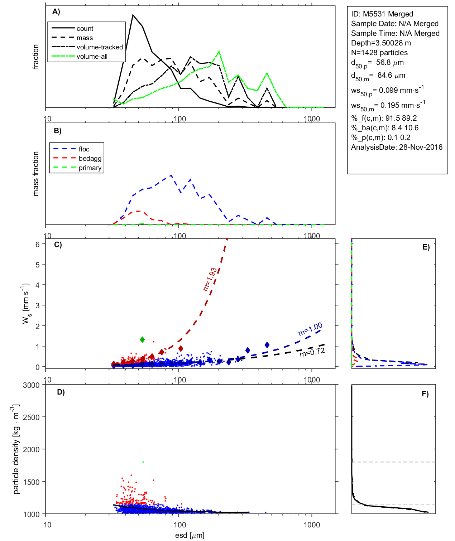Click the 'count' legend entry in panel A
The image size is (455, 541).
pyautogui.click(x=85, y=29)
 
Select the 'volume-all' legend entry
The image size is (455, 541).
pyautogui.click(x=92, y=57)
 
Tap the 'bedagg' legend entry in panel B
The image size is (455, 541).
pyautogui.click(x=90, y=159)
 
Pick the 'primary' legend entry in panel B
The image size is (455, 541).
pyautogui.click(x=90, y=168)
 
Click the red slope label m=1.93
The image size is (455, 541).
pyautogui.click(x=210, y=279)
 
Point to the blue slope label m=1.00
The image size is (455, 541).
pyautogui.click(x=310, y=329)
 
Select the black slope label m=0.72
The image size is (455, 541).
pyautogui.click(x=312, y=352)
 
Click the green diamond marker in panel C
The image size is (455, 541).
pyautogui.click(x=143, y=339)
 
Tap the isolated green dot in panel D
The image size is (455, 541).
pyautogui.click(x=143, y=462)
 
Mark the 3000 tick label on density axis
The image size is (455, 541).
pyautogui.click(x=31, y=385)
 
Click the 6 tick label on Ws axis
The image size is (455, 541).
pyautogui.click(x=37, y=244)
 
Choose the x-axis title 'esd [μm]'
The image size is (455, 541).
pyautogui.click(x=190, y=535)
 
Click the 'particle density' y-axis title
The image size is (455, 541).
pyautogui.click(x=16, y=449)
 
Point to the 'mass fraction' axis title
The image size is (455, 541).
pyautogui.click(x=35, y=174)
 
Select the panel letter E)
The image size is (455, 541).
pyautogui.click(x=426, y=247)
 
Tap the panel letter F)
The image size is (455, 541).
pyautogui.click(x=425, y=394)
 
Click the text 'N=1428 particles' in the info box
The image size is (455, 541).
pyautogui.click(x=379, y=53)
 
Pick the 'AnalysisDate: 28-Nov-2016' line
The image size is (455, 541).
pyautogui.click(x=397, y=147)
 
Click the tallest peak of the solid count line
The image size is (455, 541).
pyautogui.click(x=133, y=15)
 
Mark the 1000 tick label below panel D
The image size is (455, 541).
pyautogui.click(x=312, y=525)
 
